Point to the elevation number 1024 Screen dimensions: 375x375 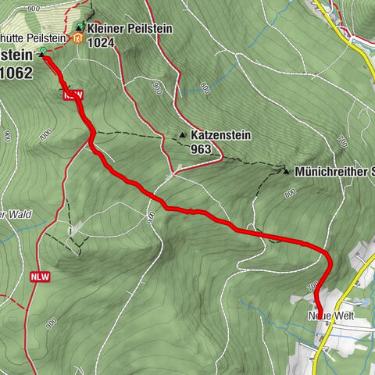102,42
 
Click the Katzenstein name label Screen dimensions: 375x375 220,134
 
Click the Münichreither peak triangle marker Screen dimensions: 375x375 287,170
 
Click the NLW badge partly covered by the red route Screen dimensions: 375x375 72,95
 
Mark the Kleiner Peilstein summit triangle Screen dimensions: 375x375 80,27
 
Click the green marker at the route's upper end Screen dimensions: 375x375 41,52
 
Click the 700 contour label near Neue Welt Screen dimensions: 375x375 312,288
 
